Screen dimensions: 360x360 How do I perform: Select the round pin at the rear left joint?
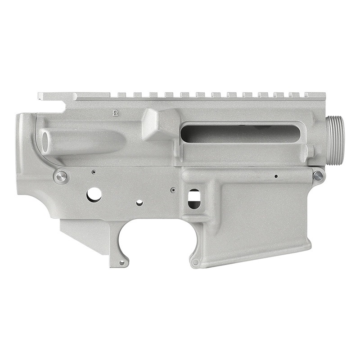coord(60,176)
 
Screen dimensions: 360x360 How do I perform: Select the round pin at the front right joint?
coord(318,175)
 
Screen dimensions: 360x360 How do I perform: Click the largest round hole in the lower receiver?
coord(94,194)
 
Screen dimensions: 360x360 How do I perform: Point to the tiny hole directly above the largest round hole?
coord(93,172)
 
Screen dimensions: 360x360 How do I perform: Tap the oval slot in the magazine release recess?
coord(194,198)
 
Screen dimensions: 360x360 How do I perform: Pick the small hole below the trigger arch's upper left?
coord(139,203)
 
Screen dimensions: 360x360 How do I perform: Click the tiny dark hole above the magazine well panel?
coord(275,176)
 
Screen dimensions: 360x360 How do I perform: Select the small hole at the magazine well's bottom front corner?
coord(195,262)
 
